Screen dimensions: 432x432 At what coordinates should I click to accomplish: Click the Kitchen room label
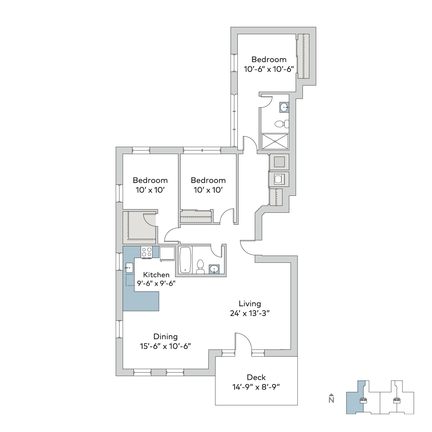coord(156,275)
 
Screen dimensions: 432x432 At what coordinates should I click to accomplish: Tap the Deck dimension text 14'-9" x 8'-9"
coord(256,387)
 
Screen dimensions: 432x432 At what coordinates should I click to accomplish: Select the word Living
coord(250,303)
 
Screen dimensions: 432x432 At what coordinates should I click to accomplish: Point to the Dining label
coord(165,337)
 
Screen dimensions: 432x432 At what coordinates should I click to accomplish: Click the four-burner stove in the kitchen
coord(147,252)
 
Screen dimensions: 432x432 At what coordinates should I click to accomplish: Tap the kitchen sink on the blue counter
coord(129,268)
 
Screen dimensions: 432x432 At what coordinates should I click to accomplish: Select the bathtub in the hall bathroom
coord(185,260)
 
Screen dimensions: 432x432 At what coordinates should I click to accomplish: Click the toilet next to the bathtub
coord(200,267)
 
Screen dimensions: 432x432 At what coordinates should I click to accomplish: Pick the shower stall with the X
coord(275,141)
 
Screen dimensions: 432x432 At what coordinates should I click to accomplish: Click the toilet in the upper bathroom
coord(282,123)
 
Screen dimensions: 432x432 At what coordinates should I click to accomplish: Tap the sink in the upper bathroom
coord(284,108)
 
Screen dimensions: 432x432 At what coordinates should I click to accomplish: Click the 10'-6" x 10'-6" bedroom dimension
coord(269,69)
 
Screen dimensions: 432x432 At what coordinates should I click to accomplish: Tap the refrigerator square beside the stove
coord(167,254)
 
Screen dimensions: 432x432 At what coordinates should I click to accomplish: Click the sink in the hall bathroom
coord(214,269)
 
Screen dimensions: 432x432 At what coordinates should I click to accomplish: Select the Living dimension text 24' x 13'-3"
coord(250,313)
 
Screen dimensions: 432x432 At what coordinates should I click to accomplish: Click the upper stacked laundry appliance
coord(279,162)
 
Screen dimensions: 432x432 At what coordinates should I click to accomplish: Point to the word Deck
coord(256,378)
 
